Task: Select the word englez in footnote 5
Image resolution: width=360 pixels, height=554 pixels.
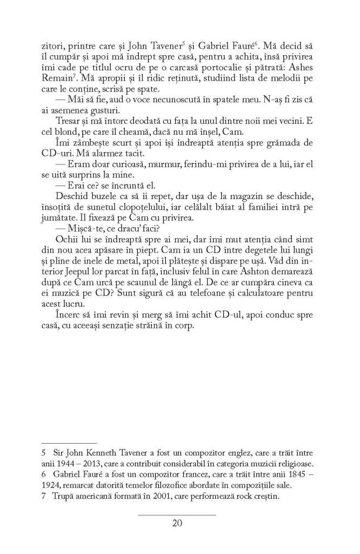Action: tap(238, 452)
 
